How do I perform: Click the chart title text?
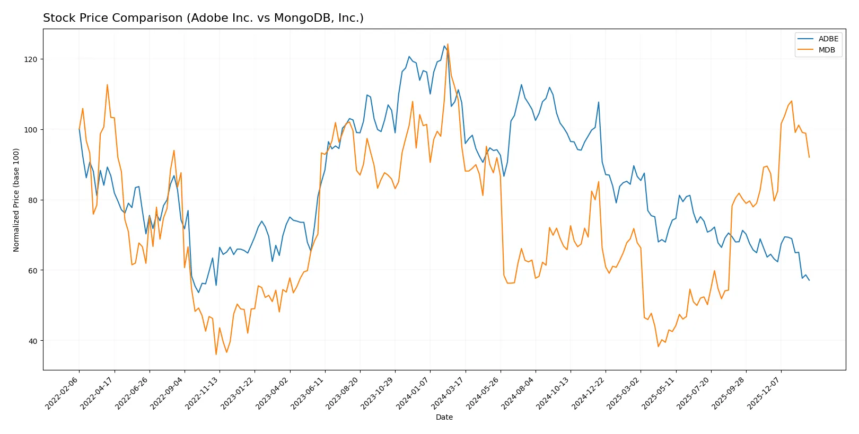(x=203, y=18)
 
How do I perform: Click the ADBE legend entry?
(x=828, y=39)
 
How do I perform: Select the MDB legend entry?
(x=826, y=50)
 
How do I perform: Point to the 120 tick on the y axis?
(x=31, y=59)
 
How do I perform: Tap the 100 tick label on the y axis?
(x=31, y=130)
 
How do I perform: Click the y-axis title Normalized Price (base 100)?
(x=16, y=200)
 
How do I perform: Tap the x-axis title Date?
(x=444, y=417)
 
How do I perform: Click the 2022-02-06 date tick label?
(x=63, y=393)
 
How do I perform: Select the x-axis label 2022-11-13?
(x=203, y=393)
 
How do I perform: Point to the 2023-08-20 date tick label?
(x=343, y=393)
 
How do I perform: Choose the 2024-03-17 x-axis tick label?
(x=449, y=393)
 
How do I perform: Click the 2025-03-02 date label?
(x=624, y=393)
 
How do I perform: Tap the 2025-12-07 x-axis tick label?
(x=764, y=393)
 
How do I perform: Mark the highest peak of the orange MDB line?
(x=448, y=45)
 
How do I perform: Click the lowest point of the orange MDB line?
(x=216, y=355)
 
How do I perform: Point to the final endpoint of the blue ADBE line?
(x=809, y=280)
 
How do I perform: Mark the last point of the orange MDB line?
(x=809, y=157)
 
